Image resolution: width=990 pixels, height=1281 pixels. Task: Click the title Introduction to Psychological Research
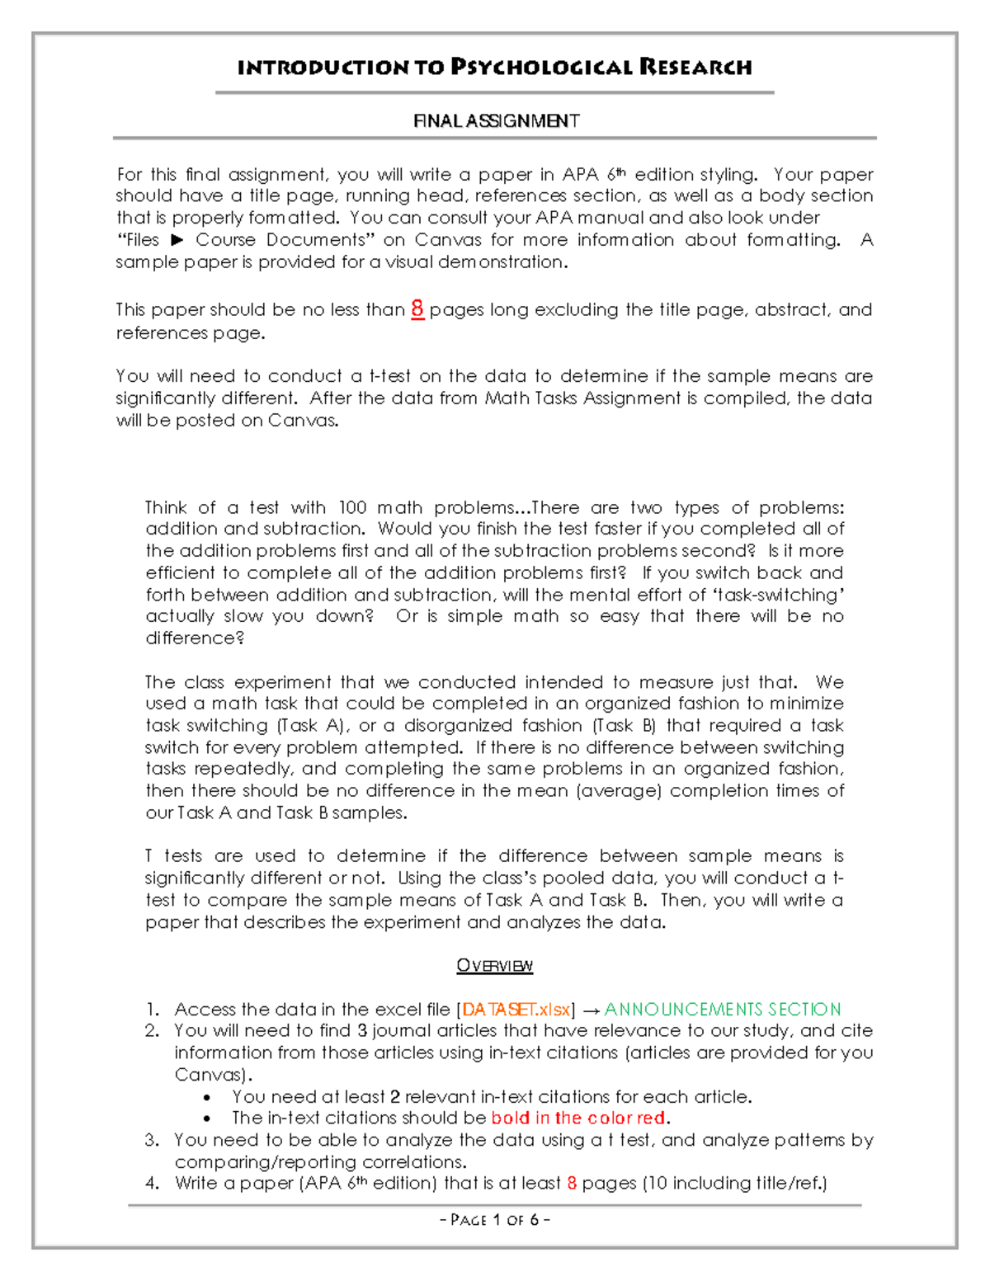click(x=494, y=67)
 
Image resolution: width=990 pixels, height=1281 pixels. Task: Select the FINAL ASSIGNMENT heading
click(x=496, y=121)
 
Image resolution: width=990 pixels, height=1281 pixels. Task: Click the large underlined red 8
click(x=417, y=309)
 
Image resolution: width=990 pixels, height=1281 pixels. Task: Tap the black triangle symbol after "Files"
click(x=177, y=240)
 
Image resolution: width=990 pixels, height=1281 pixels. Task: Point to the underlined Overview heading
click(x=494, y=966)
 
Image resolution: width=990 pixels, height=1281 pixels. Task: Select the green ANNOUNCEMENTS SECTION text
click(x=723, y=1010)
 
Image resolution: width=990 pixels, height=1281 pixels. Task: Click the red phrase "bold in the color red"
click(x=578, y=1119)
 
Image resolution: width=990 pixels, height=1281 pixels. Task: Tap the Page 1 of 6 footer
click(x=495, y=1220)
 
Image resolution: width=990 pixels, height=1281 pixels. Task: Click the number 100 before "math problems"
click(x=352, y=507)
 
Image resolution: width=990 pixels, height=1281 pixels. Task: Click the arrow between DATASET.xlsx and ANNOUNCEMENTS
click(x=589, y=1010)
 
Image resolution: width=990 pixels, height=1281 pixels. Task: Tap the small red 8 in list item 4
click(x=571, y=1184)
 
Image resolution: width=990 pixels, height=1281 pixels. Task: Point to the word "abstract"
click(x=791, y=310)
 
